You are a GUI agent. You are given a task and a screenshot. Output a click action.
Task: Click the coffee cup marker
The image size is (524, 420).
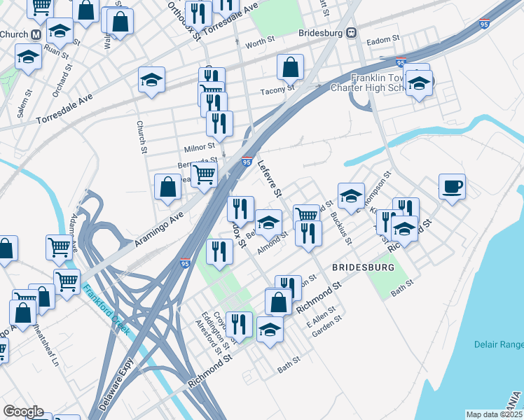[453, 187]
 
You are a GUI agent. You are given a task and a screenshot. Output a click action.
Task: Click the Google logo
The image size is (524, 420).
[23, 412]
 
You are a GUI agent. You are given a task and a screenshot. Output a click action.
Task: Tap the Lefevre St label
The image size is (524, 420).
[269, 178]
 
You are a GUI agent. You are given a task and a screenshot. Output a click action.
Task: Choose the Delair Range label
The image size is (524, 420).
[495, 344]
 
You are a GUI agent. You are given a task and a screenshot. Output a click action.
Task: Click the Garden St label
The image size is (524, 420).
[326, 325]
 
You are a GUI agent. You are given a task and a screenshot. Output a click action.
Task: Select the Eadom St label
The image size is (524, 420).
[382, 40]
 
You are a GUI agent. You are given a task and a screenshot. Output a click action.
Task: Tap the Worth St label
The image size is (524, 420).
[258, 43]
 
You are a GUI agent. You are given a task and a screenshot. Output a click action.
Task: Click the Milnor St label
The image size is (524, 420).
[199, 148]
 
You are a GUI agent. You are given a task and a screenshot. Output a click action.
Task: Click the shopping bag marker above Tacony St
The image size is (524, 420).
[290, 69]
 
